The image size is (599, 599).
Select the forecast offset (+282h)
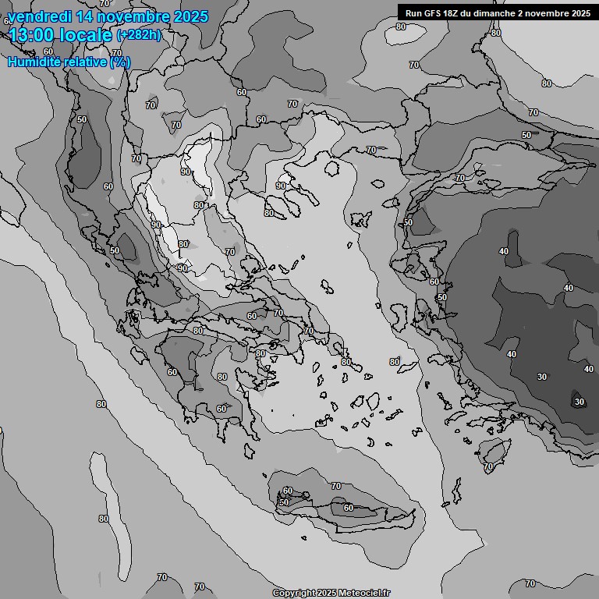(139, 34)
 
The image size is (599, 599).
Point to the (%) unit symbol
(119, 62)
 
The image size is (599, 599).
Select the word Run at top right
(413, 12)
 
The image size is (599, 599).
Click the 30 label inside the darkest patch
(579, 402)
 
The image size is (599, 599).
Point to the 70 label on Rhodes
(488, 466)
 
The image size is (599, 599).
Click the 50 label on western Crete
(284, 502)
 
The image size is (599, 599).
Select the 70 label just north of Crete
(336, 486)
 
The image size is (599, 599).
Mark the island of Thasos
(332, 168)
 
